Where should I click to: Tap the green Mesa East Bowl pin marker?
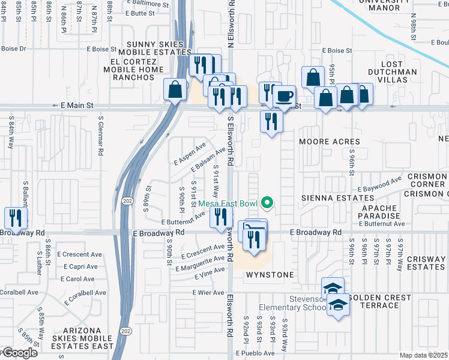point(268,204)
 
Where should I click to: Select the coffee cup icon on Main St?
point(284,96)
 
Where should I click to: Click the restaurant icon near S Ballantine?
point(16,218)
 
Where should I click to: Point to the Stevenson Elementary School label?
point(291,302)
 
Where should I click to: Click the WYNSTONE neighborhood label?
point(270,275)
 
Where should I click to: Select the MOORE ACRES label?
point(330,142)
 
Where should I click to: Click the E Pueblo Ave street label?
point(268,355)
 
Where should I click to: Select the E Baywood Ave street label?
point(379,184)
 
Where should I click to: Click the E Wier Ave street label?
point(209,293)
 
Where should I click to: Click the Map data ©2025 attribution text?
point(424,355)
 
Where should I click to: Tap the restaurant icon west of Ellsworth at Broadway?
point(221,217)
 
